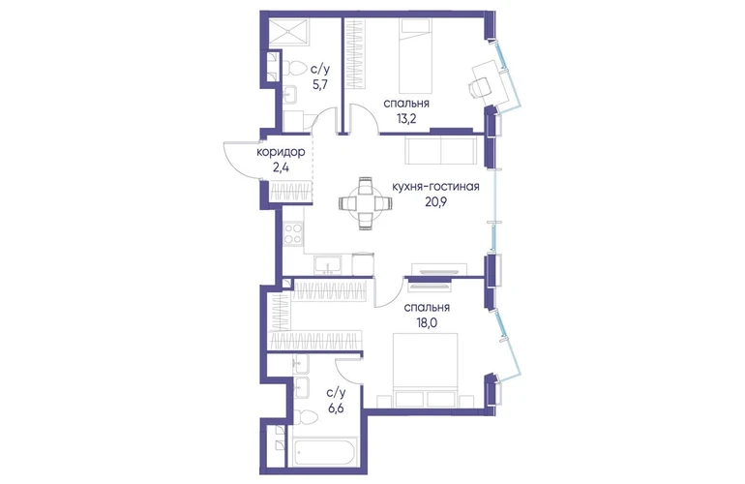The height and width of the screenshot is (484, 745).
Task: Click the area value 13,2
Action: tap(406, 118)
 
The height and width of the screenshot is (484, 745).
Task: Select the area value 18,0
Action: tap(427, 323)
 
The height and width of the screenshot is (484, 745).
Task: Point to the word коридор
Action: tap(281, 152)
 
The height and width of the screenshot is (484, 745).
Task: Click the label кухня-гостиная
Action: tap(435, 187)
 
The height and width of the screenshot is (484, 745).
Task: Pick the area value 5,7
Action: tap(319, 84)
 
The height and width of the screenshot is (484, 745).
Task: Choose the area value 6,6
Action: tap(336, 408)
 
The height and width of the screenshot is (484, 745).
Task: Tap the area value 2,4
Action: tap(281, 167)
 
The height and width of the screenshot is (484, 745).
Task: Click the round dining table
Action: tap(366, 204)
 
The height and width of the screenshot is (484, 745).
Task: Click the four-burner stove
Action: tap(293, 233)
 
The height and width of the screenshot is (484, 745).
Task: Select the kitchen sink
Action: tap(327, 264)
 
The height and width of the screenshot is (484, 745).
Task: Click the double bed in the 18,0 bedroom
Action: tap(426, 370)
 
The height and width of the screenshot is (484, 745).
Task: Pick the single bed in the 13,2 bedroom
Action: tap(415, 55)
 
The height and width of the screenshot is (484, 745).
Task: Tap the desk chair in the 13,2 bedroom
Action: tap(479, 87)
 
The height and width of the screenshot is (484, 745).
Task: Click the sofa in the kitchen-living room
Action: tap(441, 150)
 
